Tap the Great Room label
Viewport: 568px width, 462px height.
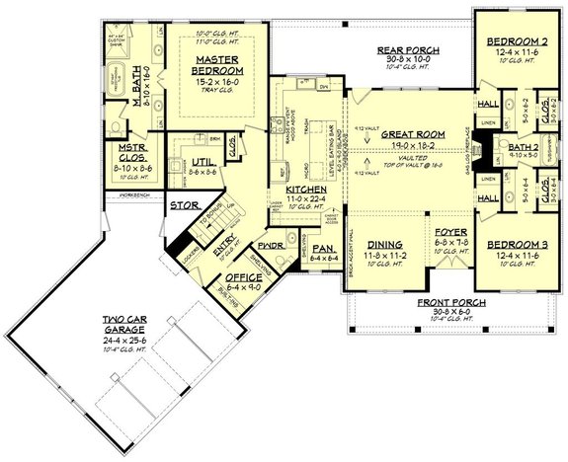(x=407, y=133)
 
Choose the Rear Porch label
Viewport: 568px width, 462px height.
(x=408, y=51)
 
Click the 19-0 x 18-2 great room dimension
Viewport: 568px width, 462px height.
(x=407, y=144)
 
